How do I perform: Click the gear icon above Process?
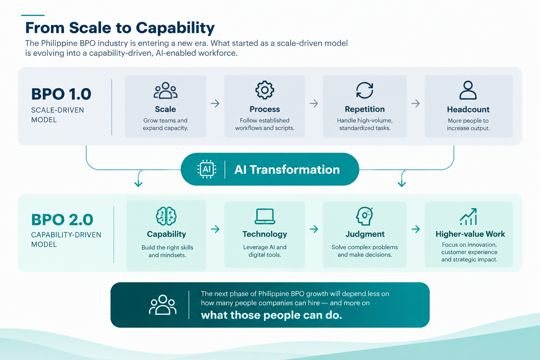[265, 90]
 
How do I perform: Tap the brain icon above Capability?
[166, 216]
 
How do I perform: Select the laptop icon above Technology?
[265, 216]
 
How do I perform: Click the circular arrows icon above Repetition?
[365, 90]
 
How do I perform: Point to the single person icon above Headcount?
[468, 90]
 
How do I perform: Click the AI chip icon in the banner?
[207, 169]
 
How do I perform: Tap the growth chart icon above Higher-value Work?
[468, 217]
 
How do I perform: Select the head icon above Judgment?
[364, 216]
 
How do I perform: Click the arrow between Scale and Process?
[215, 103]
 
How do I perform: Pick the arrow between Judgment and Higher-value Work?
[416, 229]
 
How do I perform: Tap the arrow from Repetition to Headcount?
[416, 103]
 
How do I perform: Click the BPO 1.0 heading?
[61, 94]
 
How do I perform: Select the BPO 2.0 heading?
[62, 219]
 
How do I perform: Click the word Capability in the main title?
[175, 28]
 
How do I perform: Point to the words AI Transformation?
[287, 169]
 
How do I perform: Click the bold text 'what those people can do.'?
[271, 315]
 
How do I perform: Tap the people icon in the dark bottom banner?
[163, 305]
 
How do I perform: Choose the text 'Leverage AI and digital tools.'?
[265, 251]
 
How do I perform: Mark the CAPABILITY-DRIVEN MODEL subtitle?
[66, 239]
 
